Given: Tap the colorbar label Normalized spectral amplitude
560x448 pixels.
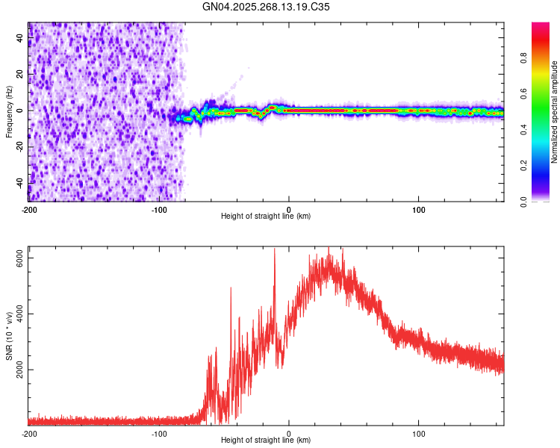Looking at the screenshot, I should (555, 111).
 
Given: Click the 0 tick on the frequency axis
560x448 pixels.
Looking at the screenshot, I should (21, 111).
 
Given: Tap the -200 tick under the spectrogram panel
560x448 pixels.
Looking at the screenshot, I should (28, 209).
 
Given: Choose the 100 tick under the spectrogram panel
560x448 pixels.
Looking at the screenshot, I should (419, 209).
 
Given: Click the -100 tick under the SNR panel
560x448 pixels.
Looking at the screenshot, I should (158, 434).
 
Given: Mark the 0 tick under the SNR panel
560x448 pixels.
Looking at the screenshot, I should (289, 434).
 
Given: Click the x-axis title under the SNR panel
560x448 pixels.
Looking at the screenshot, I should (266, 441).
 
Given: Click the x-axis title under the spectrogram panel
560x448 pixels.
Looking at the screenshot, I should (266, 217).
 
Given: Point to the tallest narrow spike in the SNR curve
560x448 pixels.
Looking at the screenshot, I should (274, 250).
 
